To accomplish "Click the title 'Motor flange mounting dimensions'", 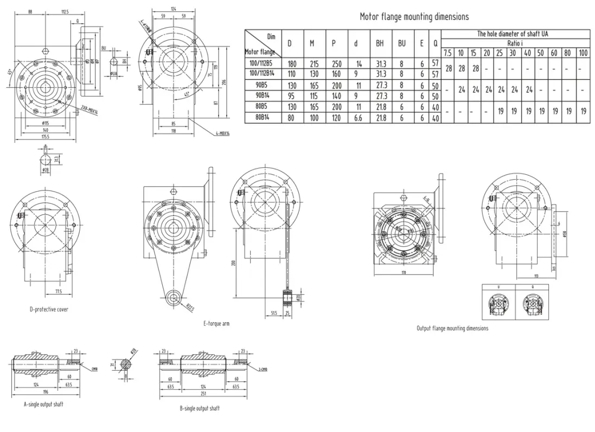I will pos(414,17).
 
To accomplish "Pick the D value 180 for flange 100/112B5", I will pos(291,64).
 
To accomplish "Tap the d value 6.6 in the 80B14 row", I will pos(355,117).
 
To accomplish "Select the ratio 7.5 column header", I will pos(447,53).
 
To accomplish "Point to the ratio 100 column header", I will pos(583,53).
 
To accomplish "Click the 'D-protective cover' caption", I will pos(49,309).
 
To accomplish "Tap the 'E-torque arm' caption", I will pos(216,323).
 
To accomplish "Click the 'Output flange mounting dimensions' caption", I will pos(452,328).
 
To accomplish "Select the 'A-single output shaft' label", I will pos(43,404).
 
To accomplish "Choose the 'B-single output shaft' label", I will pos(200,408).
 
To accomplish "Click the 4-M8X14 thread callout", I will pos(221,134).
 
